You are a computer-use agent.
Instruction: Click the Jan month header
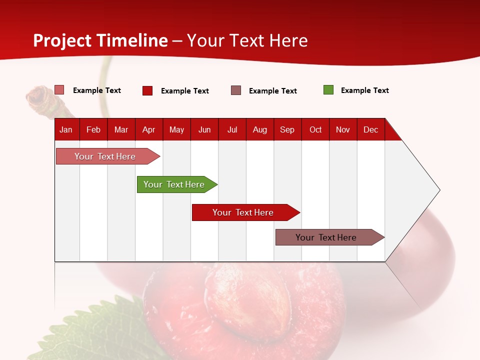[x=66, y=130]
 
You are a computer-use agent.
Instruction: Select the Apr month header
[x=148, y=130]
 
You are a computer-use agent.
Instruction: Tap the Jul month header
[x=232, y=130]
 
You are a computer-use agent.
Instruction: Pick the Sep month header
[x=287, y=130]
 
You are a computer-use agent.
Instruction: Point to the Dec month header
[x=370, y=130]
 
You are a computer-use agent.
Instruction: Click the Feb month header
[x=93, y=130]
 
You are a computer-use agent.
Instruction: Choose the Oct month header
[x=315, y=130]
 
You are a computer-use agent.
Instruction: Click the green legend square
[x=328, y=90]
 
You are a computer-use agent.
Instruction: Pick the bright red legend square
[x=147, y=90]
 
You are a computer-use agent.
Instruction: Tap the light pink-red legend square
[x=59, y=90]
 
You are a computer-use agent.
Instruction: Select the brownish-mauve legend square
[x=236, y=90]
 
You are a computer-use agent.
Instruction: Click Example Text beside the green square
[x=364, y=90]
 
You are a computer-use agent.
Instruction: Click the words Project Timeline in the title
[x=100, y=40]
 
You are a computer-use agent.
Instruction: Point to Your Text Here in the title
[x=247, y=40]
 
